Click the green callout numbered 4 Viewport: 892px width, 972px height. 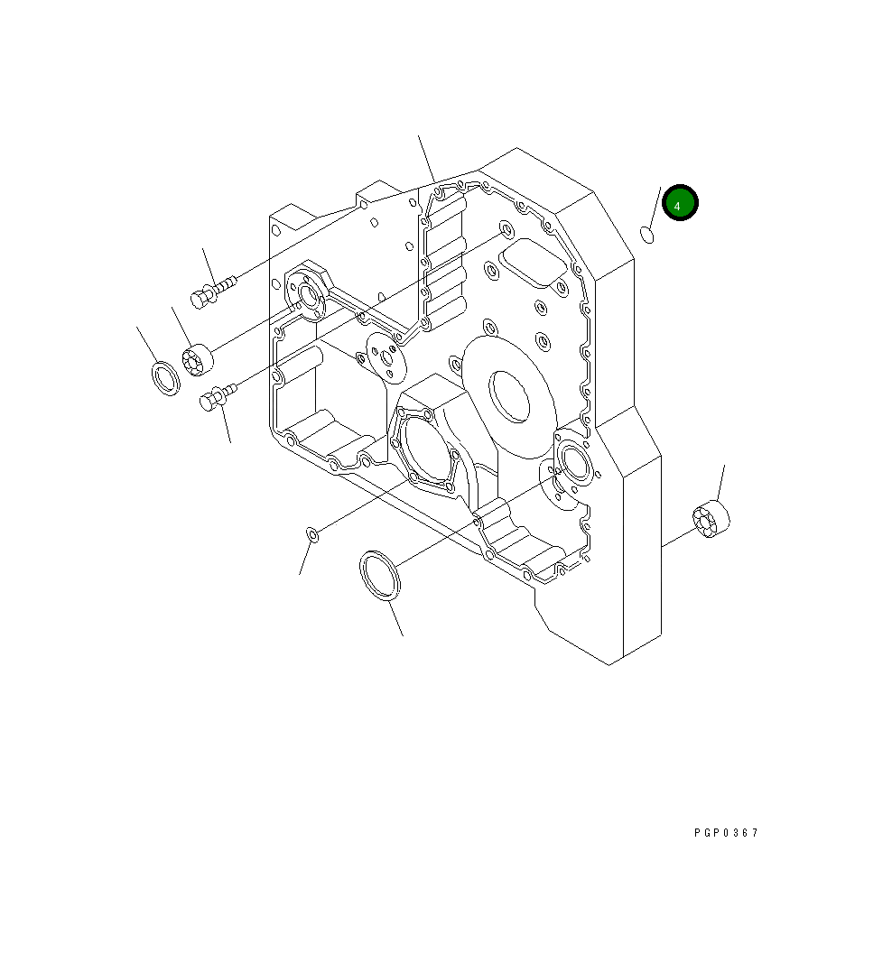pos(679,204)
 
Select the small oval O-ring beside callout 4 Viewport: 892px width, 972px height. pos(647,235)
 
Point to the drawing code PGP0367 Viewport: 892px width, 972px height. pos(726,832)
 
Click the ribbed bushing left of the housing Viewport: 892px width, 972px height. pos(198,361)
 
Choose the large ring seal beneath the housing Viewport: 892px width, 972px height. pos(379,575)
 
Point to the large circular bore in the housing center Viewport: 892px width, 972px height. pos(509,395)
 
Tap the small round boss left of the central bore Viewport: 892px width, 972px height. pos(388,357)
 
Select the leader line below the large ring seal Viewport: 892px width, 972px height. pos(395,617)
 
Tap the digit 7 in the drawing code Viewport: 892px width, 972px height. pos(755,832)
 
